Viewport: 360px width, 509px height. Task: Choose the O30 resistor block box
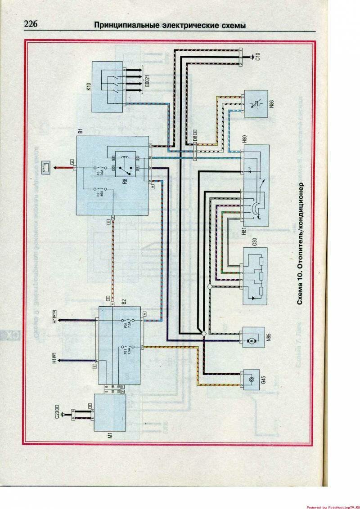click(255, 276)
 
